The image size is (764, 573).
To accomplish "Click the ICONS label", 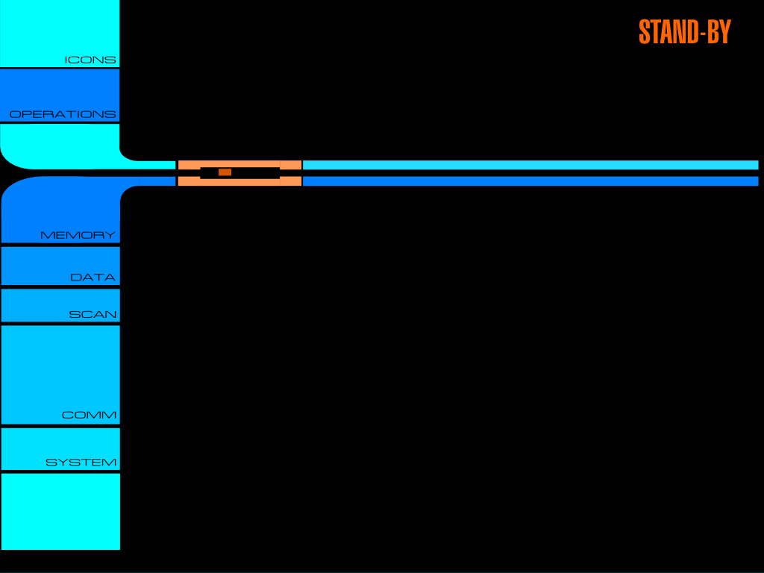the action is (x=90, y=60).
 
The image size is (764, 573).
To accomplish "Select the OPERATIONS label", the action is (x=63, y=114).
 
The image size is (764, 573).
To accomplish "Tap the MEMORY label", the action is (x=78, y=235).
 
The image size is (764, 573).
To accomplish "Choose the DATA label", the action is (x=93, y=278).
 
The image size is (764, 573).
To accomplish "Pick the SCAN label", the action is (x=93, y=315).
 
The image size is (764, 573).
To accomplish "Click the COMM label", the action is (x=90, y=415).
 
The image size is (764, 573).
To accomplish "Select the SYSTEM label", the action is (x=81, y=463).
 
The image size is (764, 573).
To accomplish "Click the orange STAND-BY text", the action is (x=685, y=31).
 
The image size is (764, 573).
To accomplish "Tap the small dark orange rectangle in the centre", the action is (x=225, y=172).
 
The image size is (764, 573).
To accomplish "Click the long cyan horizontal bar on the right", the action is (x=530, y=165).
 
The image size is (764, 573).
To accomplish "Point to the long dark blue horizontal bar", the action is (x=530, y=181).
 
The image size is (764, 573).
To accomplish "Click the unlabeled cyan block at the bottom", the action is (x=60, y=512).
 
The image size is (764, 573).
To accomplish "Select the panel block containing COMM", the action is (x=60, y=375).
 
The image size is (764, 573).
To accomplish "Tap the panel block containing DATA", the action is (x=60, y=266).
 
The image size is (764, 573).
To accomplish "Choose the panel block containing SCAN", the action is (x=60, y=305).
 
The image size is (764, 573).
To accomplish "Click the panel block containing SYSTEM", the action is (x=60, y=449).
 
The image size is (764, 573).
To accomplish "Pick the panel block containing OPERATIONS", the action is (x=60, y=95).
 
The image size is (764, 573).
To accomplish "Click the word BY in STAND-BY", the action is (x=719, y=31).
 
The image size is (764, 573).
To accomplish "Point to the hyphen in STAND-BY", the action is (x=703, y=33).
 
